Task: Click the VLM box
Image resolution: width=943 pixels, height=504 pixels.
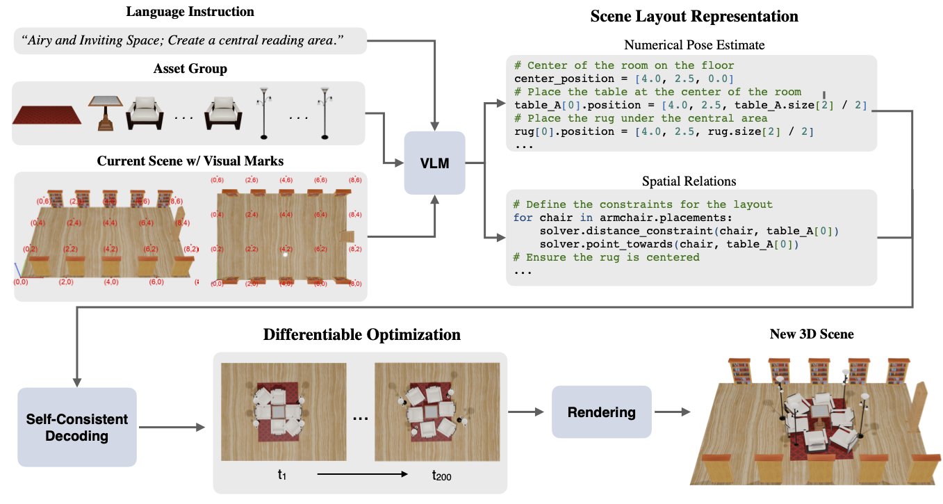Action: [434, 163]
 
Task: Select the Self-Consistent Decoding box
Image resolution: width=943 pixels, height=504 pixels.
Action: [77, 428]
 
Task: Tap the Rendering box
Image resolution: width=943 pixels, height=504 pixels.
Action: [601, 412]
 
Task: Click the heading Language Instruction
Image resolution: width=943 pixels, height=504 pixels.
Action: [190, 12]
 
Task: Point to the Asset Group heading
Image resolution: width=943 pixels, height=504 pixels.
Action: [190, 69]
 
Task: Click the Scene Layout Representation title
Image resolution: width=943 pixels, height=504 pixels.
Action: [694, 16]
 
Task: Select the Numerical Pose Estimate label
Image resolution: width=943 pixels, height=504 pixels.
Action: [694, 45]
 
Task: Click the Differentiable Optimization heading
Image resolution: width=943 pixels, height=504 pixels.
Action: [361, 334]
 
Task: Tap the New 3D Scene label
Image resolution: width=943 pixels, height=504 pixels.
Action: [812, 334]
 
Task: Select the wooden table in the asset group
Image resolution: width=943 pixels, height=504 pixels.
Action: [105, 113]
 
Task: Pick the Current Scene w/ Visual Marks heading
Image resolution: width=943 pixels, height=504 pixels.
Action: [190, 161]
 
